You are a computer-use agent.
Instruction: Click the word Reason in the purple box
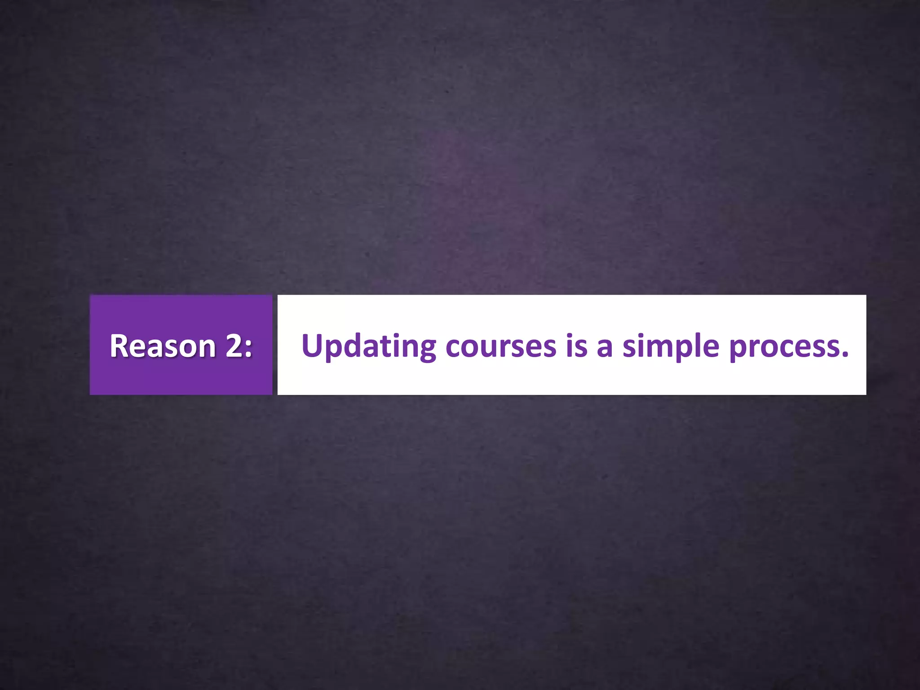coord(163,346)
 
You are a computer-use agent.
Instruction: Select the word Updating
coord(368,346)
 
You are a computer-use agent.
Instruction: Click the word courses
coord(501,347)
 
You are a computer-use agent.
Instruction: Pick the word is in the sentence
coord(576,346)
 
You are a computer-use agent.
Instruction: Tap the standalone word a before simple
coord(605,348)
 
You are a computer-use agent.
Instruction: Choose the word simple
coord(670,346)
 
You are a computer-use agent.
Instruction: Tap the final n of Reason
coord(207,348)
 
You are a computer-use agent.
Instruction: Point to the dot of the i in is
coord(570,336)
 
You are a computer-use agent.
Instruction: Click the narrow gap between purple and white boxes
coord(275,345)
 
